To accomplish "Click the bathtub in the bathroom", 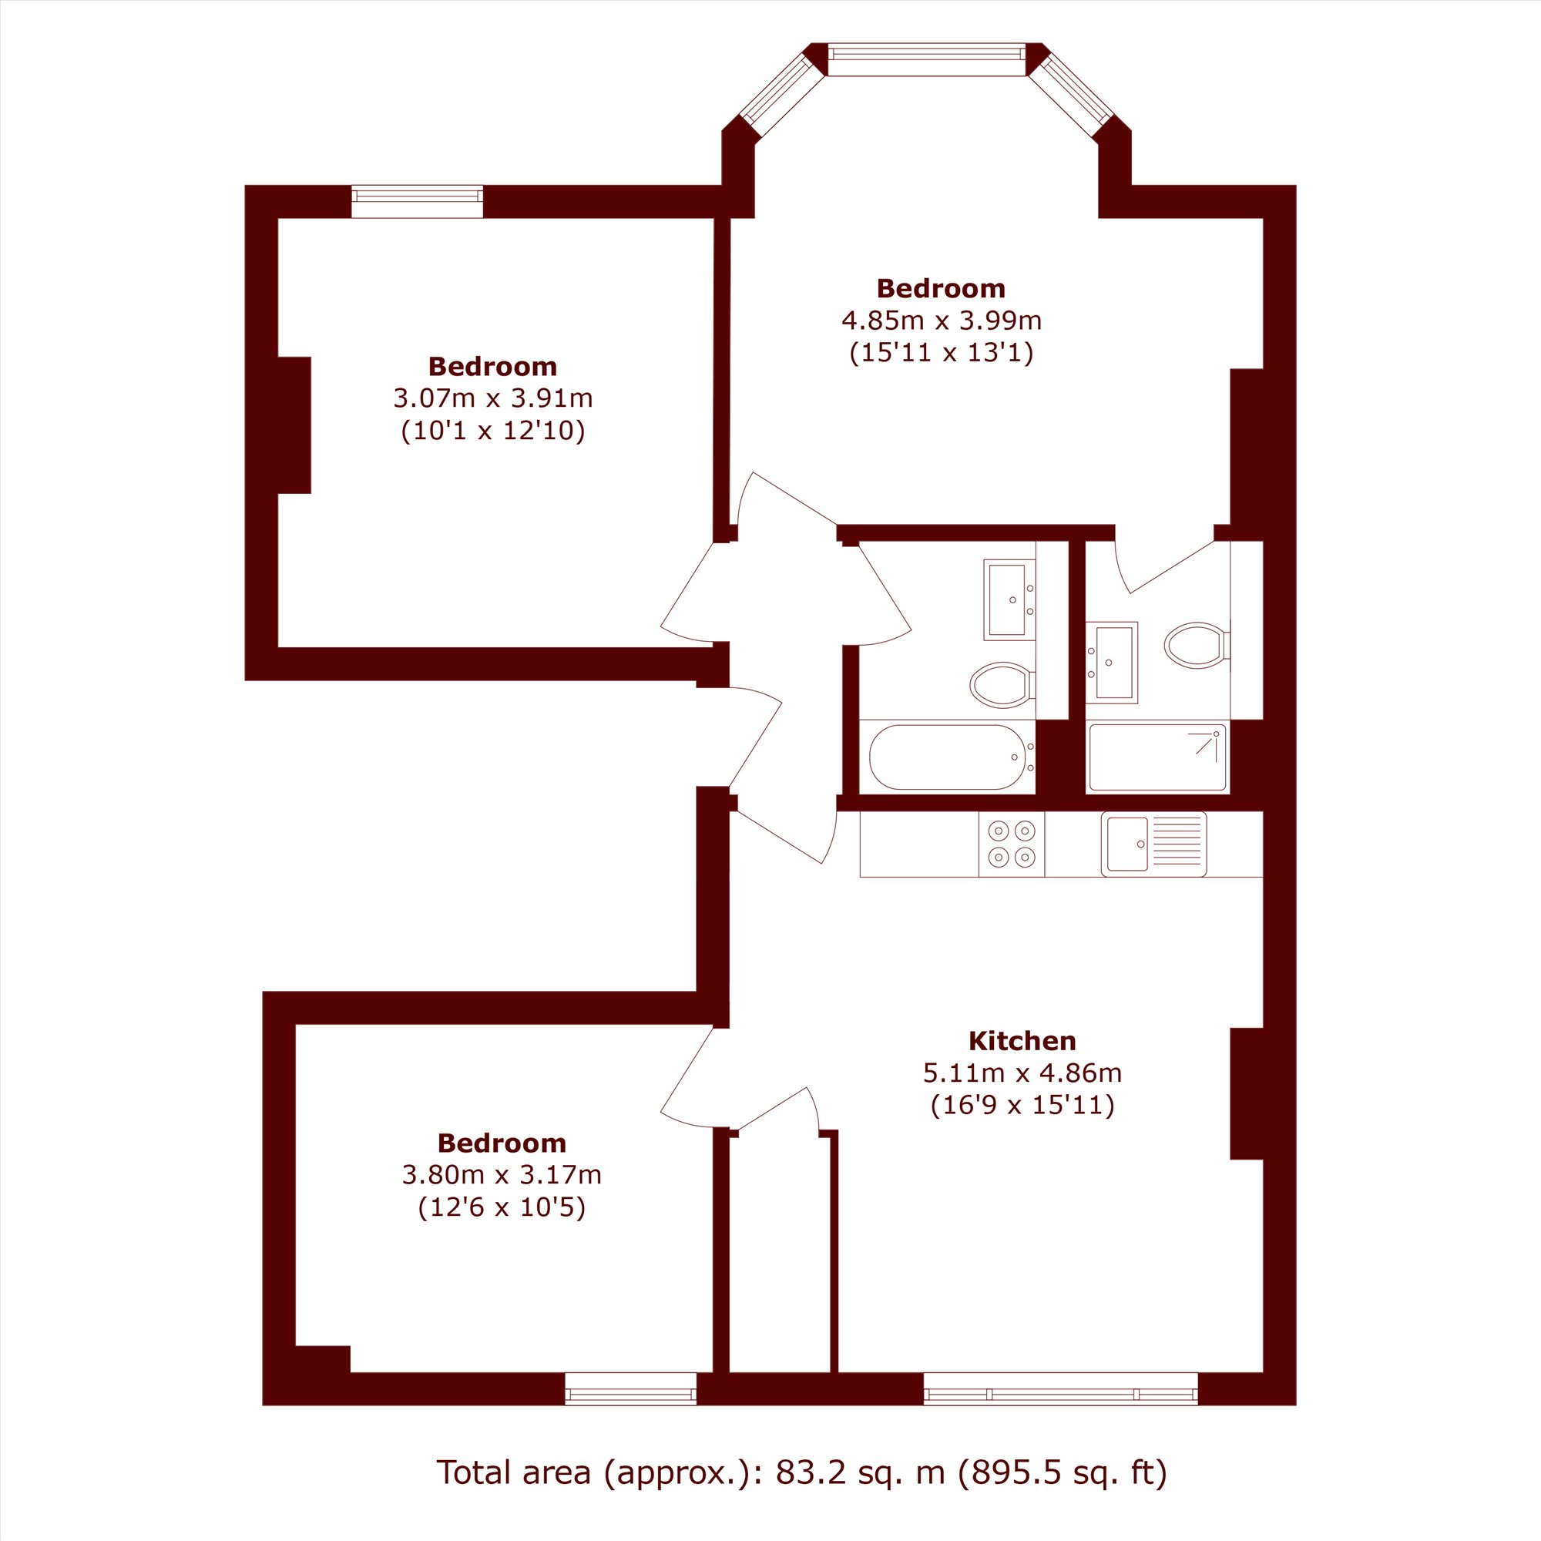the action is tap(947, 756).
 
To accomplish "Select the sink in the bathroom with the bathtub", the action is tap(1009, 599).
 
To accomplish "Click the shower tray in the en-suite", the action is tap(1157, 757).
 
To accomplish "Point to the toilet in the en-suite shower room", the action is tap(1197, 645).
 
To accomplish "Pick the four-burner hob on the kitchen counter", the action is tap(1012, 844).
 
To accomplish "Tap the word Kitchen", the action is tap(1022, 1041).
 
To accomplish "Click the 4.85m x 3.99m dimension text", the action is tap(942, 321).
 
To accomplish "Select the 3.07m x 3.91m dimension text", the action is tap(493, 398).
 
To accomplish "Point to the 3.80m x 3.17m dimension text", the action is tap(502, 1174).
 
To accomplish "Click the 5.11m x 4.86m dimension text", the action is tap(1022, 1073).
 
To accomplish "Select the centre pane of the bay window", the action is tap(926, 59).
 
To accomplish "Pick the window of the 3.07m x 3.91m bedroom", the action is tap(418, 201).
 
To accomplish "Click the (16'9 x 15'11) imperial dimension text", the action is tap(1022, 1106).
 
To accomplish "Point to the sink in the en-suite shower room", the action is tap(1111, 663).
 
